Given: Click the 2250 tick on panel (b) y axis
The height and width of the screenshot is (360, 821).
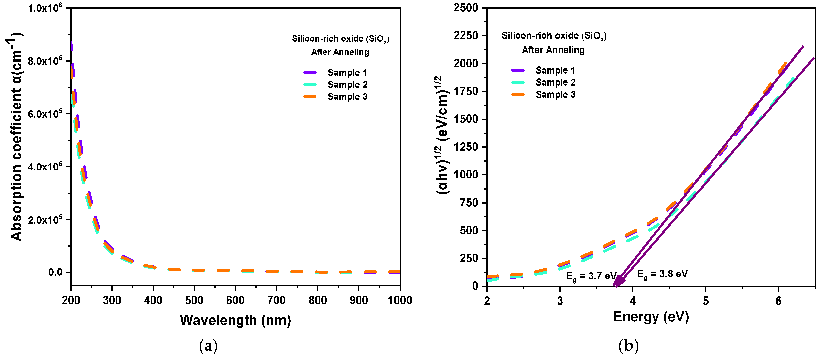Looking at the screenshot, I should pyautogui.click(x=466, y=35).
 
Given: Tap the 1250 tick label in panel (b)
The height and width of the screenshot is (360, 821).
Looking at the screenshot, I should pyautogui.click(x=466, y=147).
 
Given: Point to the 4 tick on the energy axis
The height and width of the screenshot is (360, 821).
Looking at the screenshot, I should pyautogui.click(x=633, y=301).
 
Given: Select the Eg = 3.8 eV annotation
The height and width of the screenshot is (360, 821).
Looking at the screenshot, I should pyautogui.click(x=662, y=274).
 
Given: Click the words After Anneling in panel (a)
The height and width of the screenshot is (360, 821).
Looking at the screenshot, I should pyautogui.click(x=340, y=52).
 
